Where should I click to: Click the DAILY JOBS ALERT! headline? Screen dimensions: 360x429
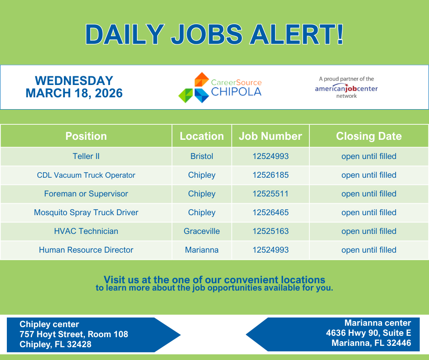coord(214,34)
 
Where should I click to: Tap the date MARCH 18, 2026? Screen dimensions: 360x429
coord(74,93)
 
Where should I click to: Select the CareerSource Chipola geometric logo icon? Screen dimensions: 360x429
coord(193,87)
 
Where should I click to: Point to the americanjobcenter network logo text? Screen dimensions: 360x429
coord(346,88)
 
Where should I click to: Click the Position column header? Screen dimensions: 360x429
coord(86,136)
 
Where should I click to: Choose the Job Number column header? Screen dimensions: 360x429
coord(270,136)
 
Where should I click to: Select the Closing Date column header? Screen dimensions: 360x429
coord(369,136)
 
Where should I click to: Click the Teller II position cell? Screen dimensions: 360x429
coord(86,156)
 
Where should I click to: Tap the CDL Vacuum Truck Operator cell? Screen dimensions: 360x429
coord(86,175)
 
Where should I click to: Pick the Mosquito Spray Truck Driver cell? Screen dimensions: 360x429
coord(86,212)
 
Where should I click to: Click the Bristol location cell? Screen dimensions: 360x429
coord(202,156)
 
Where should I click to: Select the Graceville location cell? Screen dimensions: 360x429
coord(202,231)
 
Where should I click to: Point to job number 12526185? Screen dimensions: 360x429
coord(270,175)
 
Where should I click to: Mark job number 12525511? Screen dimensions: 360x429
coord(270,194)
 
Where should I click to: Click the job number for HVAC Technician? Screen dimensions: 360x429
coord(270,231)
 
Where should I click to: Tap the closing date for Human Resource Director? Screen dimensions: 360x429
coord(369,250)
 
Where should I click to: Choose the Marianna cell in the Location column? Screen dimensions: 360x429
coord(202,250)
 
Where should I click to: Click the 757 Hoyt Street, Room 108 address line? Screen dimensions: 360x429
coord(74,334)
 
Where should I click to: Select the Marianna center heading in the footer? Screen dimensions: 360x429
coord(377,323)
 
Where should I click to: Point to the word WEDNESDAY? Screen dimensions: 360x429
coord(74,81)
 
